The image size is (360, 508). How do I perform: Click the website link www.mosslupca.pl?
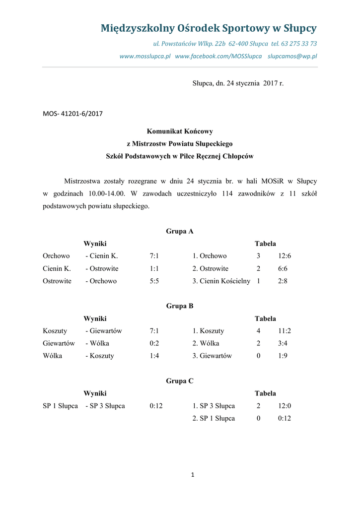click(x=145, y=56)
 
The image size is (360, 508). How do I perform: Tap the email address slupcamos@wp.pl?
click(x=292, y=56)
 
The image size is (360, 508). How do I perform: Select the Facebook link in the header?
click(x=218, y=56)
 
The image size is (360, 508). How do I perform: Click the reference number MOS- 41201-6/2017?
click(x=72, y=114)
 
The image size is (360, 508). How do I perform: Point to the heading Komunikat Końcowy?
click(x=180, y=131)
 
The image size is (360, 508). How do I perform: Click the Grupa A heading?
click(x=180, y=231)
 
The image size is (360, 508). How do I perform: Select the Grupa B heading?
click(x=180, y=306)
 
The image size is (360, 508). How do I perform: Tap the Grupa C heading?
click(x=180, y=381)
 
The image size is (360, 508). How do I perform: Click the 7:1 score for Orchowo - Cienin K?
click(x=154, y=256)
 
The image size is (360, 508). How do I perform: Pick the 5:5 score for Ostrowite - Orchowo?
click(x=154, y=281)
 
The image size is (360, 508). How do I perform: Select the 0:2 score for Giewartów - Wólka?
click(x=154, y=343)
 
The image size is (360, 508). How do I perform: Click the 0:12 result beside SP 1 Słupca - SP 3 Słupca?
click(x=156, y=406)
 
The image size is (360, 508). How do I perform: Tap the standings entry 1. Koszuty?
click(x=209, y=331)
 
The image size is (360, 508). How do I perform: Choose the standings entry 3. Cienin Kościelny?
click(x=221, y=281)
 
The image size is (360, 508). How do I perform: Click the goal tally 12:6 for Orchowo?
click(x=285, y=256)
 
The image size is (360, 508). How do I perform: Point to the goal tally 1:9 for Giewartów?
click(x=283, y=356)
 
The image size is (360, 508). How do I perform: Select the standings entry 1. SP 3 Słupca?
click(x=214, y=406)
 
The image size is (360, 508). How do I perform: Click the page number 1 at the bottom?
click(x=193, y=475)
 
